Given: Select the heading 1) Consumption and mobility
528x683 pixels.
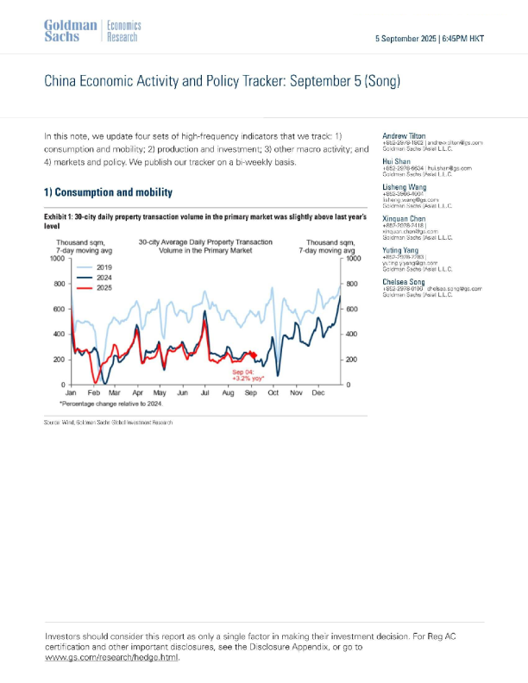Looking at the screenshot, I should [x=108, y=191].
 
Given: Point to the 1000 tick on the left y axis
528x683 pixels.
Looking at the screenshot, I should [x=58, y=259].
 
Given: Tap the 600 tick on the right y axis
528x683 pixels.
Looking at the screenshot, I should [x=352, y=309].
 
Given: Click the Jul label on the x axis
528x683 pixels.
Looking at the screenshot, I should [x=204, y=392].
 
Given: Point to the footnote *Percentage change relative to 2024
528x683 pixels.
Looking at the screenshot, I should [x=110, y=404].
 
